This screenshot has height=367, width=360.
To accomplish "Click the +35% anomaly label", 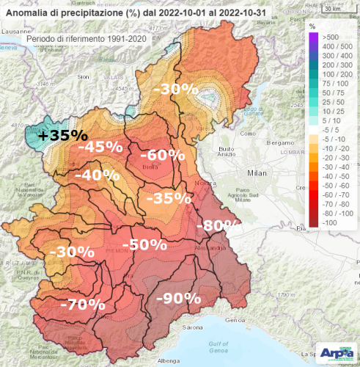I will tap(63, 136).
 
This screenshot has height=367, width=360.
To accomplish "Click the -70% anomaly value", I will tap(82, 303).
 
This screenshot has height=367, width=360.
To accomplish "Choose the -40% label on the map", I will tap(98, 176).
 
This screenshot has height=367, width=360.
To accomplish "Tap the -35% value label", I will tap(169, 198).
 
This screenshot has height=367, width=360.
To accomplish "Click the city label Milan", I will tap(256, 171).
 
